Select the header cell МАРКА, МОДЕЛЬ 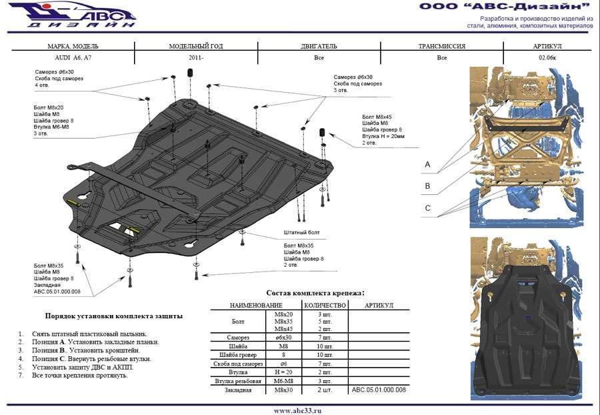click(73, 47)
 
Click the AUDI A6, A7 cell click(73, 58)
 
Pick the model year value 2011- click(196, 58)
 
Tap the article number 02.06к click(547, 58)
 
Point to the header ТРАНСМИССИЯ click(441, 47)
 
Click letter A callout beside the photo click(427, 164)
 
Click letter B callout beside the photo click(427, 186)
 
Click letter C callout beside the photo click(427, 208)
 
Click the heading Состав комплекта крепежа click(315, 292)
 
